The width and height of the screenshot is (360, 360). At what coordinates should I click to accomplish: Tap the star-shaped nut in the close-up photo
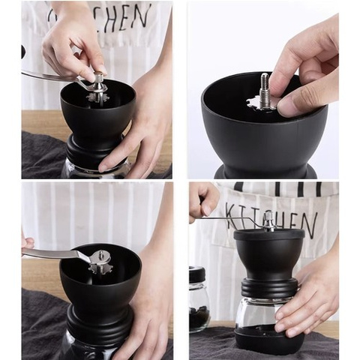click(263, 104)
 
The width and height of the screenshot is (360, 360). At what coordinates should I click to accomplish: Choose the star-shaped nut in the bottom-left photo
click(100, 262)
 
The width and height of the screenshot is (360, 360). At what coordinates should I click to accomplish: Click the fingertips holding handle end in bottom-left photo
click(28, 242)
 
